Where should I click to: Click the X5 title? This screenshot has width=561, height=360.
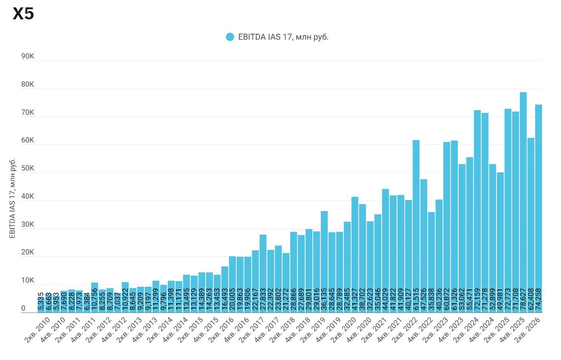(x=23, y=13)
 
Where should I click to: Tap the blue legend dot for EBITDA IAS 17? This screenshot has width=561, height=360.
(x=230, y=37)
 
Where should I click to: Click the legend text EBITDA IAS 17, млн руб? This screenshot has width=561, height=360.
(x=283, y=37)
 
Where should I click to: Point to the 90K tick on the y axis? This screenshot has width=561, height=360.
(x=28, y=56)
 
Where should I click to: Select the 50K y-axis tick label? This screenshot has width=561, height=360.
(x=28, y=168)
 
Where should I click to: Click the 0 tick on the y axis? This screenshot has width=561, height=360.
(x=24, y=308)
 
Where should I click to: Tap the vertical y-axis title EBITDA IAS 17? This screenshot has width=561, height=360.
(x=12, y=198)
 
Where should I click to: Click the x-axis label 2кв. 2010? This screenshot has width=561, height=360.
(x=37, y=330)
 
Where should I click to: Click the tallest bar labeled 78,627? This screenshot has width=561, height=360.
(x=523, y=202)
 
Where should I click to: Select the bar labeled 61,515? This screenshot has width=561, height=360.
(x=416, y=226)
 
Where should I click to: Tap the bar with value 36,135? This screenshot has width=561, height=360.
(x=325, y=262)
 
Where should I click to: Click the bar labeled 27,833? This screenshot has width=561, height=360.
(x=263, y=273)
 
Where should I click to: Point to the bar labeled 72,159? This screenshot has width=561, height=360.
(x=478, y=211)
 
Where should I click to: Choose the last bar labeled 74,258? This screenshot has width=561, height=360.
(x=538, y=208)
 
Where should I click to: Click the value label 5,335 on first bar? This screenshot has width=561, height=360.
(x=41, y=301)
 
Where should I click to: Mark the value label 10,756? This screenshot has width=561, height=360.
(x=94, y=300)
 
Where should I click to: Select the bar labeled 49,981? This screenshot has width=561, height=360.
(x=501, y=242)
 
